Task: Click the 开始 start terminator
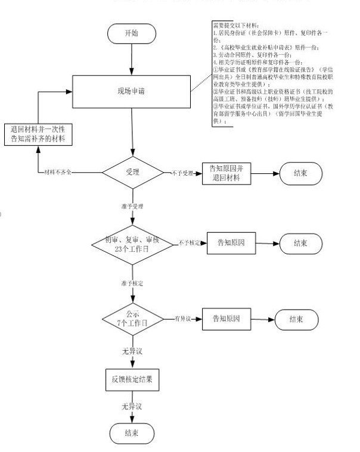click(131, 34)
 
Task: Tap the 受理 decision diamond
click(132, 173)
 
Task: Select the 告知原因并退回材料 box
click(226, 174)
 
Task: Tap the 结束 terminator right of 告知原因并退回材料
click(300, 174)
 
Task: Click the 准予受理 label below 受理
click(132, 206)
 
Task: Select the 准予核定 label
click(132, 281)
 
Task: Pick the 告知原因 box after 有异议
click(225, 319)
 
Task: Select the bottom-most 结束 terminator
click(131, 432)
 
